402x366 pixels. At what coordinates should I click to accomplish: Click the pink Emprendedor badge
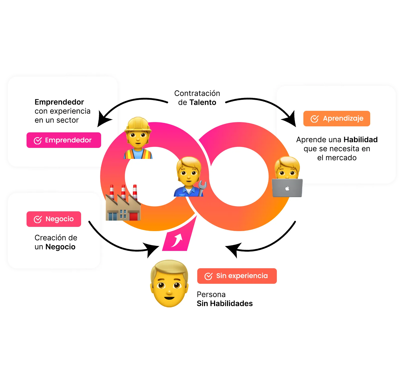(64, 140)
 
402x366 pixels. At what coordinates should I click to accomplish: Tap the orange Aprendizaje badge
(336, 119)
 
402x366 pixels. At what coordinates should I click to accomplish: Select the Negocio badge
(54, 219)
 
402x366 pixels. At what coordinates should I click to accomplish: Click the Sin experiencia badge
(237, 276)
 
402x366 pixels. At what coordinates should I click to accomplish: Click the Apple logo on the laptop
(287, 188)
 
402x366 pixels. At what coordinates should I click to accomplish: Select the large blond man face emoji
(169, 284)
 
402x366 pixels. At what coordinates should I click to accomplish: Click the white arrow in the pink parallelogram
(177, 240)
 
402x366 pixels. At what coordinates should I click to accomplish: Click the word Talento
(203, 103)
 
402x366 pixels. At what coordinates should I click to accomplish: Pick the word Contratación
(197, 93)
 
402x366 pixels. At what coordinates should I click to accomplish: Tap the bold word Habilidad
(360, 140)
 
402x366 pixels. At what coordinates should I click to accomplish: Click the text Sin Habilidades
(225, 304)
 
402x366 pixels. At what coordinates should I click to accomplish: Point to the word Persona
(211, 294)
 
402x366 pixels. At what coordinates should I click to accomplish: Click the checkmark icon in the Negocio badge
(38, 219)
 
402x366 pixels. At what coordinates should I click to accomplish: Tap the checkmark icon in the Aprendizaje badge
(314, 119)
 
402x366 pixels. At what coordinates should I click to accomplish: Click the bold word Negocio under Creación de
(60, 247)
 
